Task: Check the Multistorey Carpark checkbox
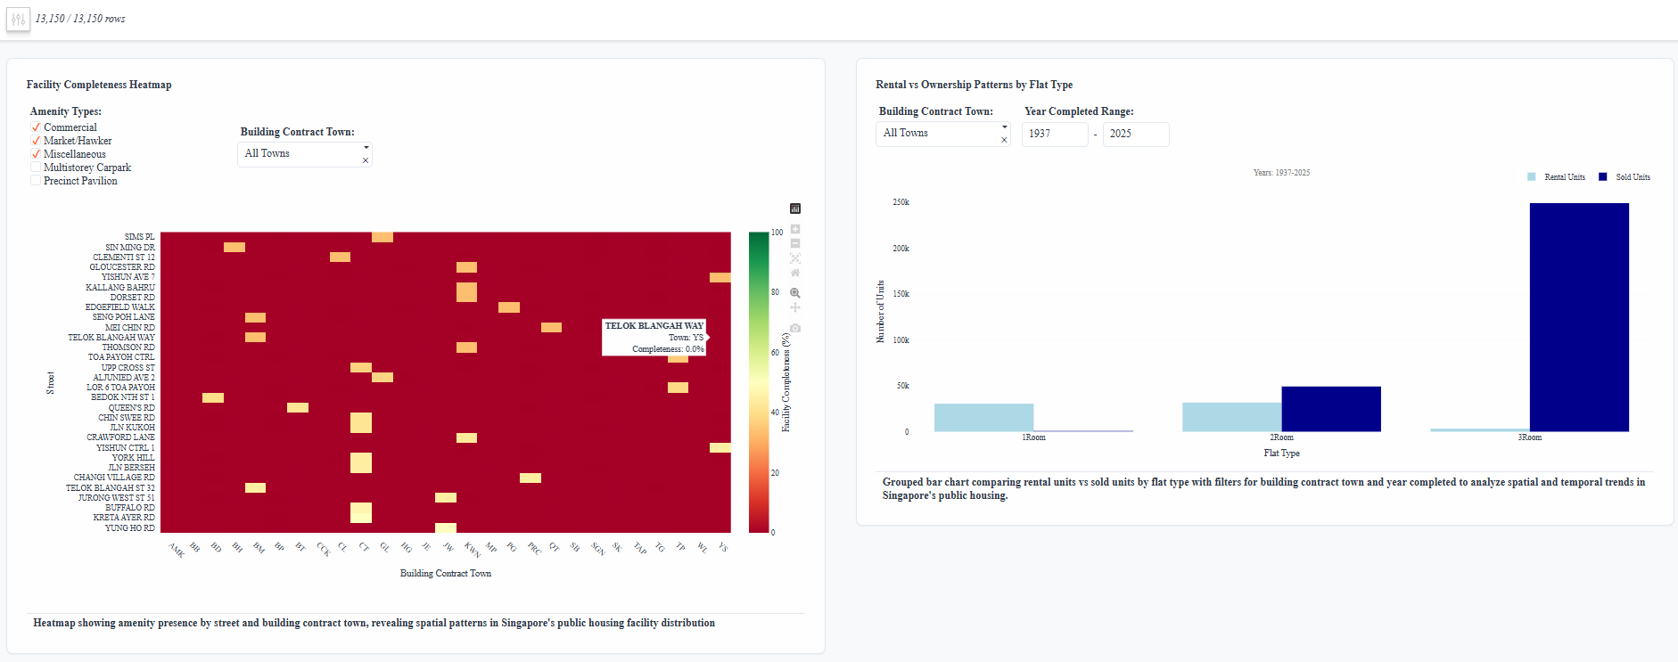[36, 168]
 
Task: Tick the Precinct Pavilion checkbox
[36, 181]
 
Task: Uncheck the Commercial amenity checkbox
[36, 127]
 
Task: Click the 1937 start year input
[1054, 134]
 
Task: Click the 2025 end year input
[1135, 134]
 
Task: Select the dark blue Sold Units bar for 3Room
[1579, 317]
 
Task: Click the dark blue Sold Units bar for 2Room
[1331, 409]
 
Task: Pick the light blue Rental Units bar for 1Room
[983, 418]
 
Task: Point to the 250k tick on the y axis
[901, 202]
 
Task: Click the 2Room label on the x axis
[1281, 437]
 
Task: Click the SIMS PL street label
[139, 237]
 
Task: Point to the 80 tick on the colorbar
[775, 292]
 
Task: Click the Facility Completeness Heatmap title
[99, 85]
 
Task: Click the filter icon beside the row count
[18, 19]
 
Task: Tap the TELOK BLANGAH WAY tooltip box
[654, 338]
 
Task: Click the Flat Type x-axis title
[1281, 454]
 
